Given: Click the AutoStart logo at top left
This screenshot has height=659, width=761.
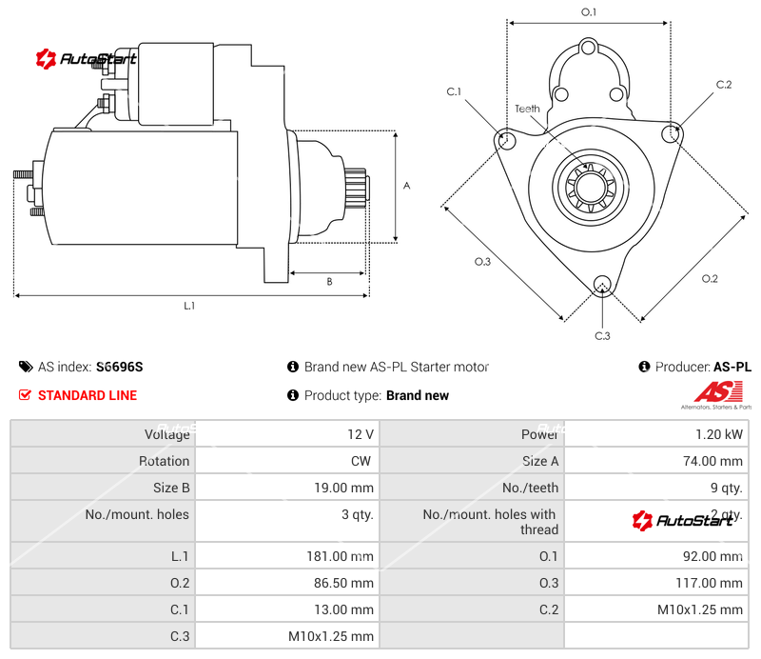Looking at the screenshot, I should (x=86, y=59).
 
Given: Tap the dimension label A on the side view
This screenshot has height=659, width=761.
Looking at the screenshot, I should (x=406, y=186).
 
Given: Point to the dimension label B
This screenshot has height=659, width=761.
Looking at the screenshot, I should (x=329, y=281).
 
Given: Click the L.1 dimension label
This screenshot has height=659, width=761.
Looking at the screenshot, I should (x=189, y=306).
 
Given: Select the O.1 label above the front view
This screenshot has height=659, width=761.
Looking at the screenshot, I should (x=589, y=12).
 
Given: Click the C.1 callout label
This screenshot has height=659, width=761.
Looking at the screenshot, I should (x=454, y=91).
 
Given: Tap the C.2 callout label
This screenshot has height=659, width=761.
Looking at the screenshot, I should (x=724, y=85).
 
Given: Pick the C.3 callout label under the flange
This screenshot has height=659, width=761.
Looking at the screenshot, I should (x=602, y=335).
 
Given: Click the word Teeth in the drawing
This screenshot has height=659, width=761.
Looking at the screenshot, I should (x=527, y=109).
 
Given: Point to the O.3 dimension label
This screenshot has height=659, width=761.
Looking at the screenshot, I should (x=482, y=262).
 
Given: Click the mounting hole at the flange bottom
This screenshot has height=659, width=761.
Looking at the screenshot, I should (x=601, y=285).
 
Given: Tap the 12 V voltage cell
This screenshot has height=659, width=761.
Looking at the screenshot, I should (x=360, y=434).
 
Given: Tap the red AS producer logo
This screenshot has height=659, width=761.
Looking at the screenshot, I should (x=714, y=391).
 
